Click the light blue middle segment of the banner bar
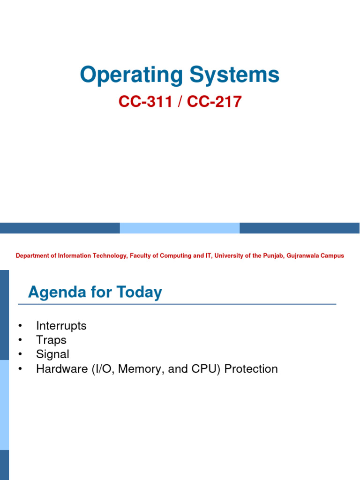tap(180, 228)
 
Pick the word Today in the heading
tap(139, 292)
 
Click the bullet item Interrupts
tap(61, 326)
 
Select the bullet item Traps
tap(51, 340)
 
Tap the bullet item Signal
tap(52, 354)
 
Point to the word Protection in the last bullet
tap(251, 369)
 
